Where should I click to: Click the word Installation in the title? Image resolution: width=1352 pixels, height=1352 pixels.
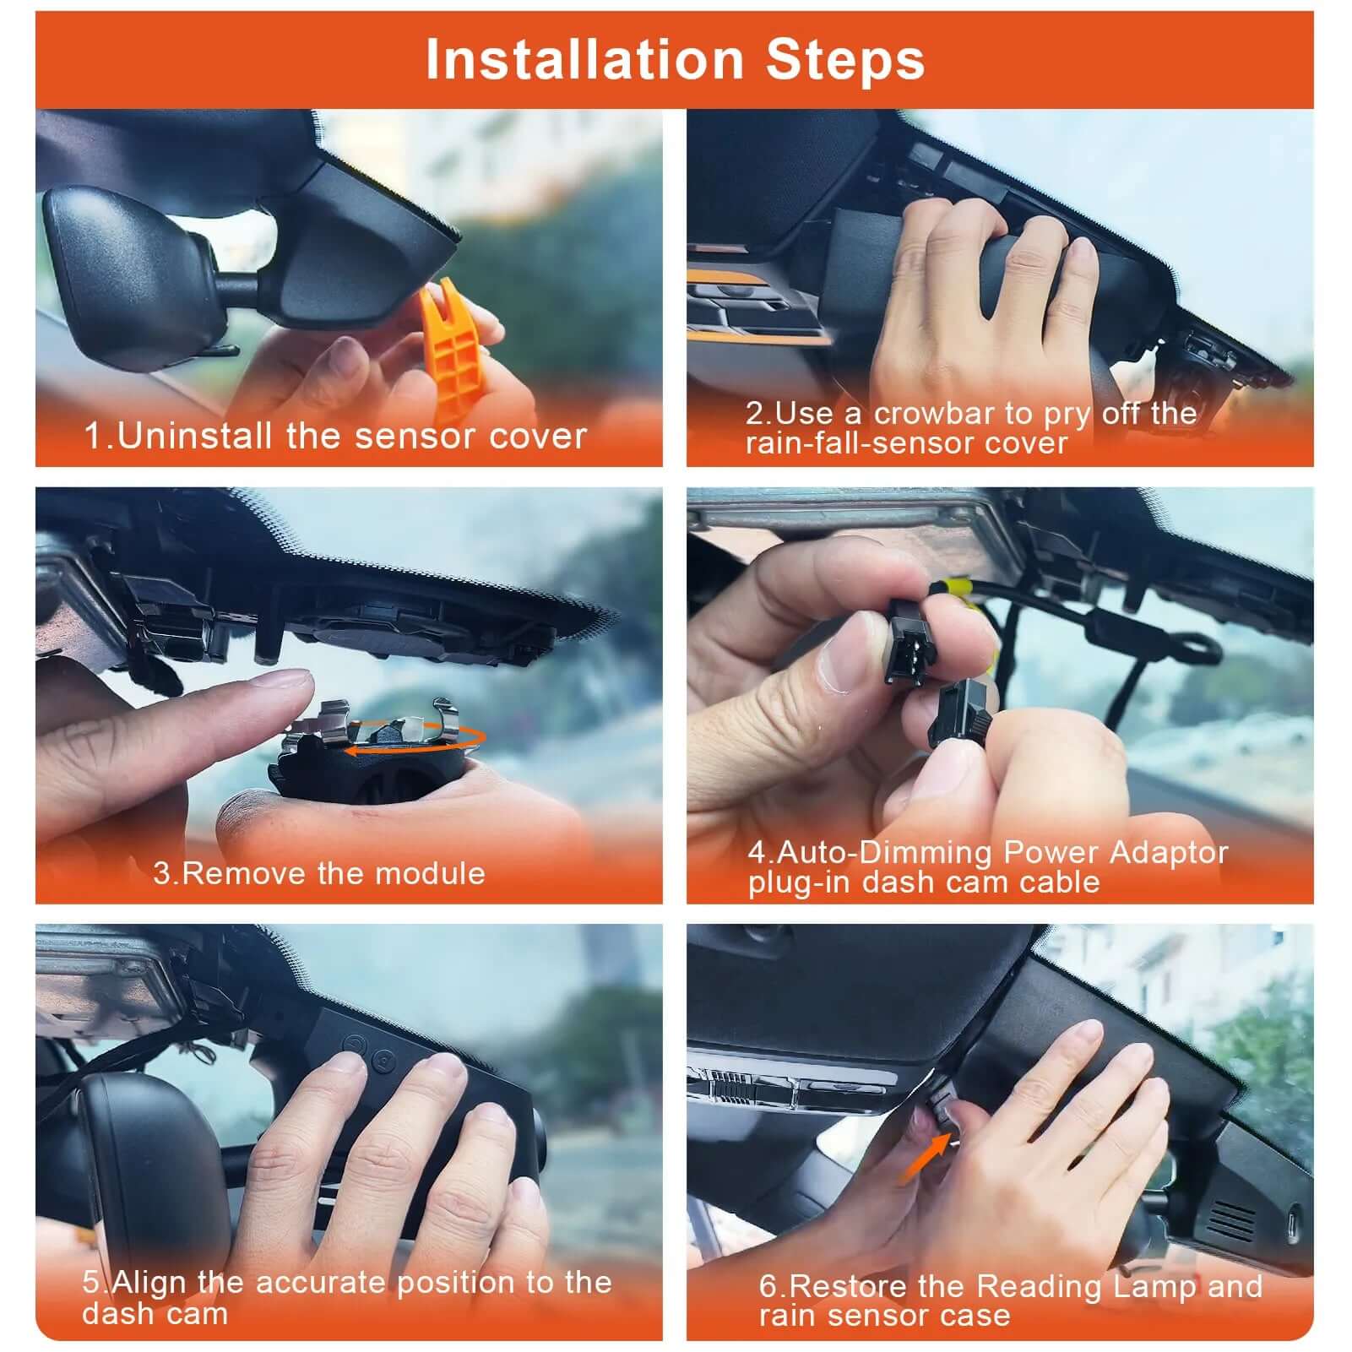click(584, 60)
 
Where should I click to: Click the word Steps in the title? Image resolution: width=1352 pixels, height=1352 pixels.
click(844, 60)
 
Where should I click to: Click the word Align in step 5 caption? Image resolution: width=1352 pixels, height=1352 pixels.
click(149, 1282)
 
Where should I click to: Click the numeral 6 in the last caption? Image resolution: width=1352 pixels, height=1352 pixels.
click(768, 1286)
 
